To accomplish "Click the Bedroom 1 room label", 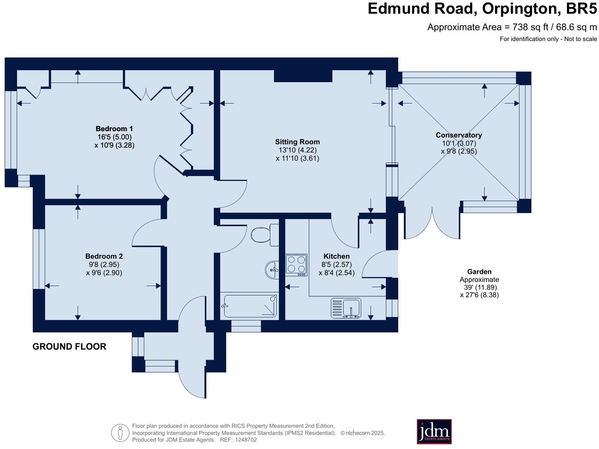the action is pyautogui.click(x=114, y=128).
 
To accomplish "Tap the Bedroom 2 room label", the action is pyautogui.click(x=104, y=256).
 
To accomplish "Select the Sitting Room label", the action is pyautogui.click(x=297, y=142).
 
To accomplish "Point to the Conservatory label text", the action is pyautogui.click(x=459, y=135).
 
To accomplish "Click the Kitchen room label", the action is pyautogui.click(x=337, y=256).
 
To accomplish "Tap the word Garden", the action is pyautogui.click(x=479, y=272).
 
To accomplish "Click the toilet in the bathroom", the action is pyautogui.click(x=264, y=235).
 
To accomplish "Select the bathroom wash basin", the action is pyautogui.click(x=272, y=270).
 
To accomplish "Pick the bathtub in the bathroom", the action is pyautogui.click(x=250, y=306).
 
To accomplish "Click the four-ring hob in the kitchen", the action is pyautogui.click(x=296, y=265).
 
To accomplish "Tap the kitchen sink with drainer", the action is pyautogui.click(x=346, y=308).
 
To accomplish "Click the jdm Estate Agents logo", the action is pyautogui.click(x=434, y=431).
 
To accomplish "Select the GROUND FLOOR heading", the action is pyautogui.click(x=69, y=346).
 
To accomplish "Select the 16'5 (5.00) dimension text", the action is pyautogui.click(x=115, y=137).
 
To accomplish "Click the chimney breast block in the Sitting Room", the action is pyautogui.click(x=303, y=76).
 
